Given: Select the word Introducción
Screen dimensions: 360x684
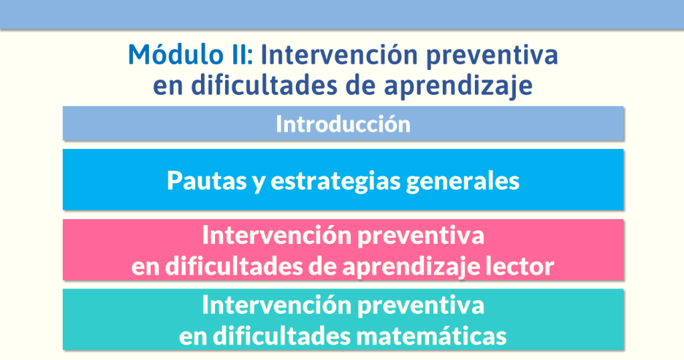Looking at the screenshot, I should tap(343, 124).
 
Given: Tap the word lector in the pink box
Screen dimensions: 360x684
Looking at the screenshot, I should tap(519, 266).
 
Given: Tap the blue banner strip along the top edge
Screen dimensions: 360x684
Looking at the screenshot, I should tap(342, 14).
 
